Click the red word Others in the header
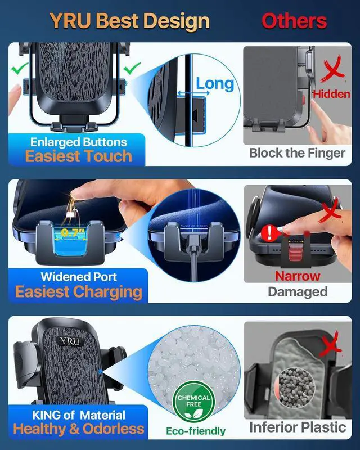(294, 21)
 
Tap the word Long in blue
(215, 84)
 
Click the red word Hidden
(331, 94)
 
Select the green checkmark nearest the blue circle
(132, 68)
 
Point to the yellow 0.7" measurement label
(70, 232)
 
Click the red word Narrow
(298, 276)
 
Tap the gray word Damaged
(298, 292)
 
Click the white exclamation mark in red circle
(269, 233)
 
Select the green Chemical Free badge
(193, 402)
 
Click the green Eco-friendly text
(196, 431)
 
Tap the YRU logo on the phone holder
(70, 341)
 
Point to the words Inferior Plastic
(298, 427)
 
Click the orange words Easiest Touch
(79, 156)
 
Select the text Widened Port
(79, 277)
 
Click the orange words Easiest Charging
(79, 292)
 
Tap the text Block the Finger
(297, 153)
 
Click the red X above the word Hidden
(332, 69)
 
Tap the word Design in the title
(177, 22)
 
